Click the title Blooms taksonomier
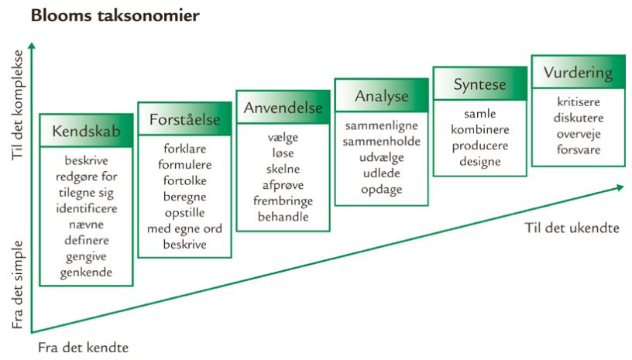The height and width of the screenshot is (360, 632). coord(115,15)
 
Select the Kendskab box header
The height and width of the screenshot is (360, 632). coord(86,131)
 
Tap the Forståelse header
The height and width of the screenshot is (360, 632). coord(184,119)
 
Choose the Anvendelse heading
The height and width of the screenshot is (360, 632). coord(283,108)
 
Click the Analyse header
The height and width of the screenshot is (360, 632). coord(381,96)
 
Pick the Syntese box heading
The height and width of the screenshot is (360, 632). coord(479,84)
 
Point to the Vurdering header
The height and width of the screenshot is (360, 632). coord(578,73)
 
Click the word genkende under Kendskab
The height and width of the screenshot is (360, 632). coord(86,273)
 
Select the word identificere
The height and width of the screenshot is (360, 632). coord(87,208)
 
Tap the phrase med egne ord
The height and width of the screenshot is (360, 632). coord(184,228)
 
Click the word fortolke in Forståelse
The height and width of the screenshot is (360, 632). coord(184,180)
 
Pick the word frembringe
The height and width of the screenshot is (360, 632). coord(283,201)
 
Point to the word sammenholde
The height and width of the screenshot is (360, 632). coord(381,142)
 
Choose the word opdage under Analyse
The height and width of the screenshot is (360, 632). coord(381,190)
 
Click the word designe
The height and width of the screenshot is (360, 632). coord(479,162)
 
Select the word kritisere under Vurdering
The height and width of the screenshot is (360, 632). coord(579,102)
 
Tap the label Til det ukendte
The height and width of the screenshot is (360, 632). coord(572,228)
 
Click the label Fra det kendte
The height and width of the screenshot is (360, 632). coord(84,348)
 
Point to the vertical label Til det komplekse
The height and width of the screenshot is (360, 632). coord(17,105)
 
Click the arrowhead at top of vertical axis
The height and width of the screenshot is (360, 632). coord(32,46)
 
